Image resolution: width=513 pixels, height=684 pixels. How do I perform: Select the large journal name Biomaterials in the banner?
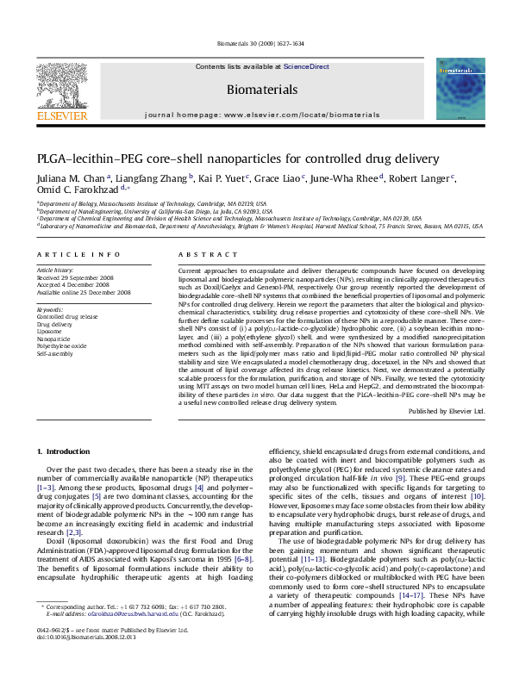coord(256,89)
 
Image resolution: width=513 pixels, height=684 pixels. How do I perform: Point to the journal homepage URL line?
coord(256,114)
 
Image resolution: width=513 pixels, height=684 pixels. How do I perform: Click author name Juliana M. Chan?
coord(61,178)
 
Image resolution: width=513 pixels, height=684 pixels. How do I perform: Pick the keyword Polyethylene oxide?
coord(63,345)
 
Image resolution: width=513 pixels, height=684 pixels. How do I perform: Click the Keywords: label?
coord(50,308)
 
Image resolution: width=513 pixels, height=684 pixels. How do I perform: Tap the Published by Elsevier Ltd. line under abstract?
coord(447,411)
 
